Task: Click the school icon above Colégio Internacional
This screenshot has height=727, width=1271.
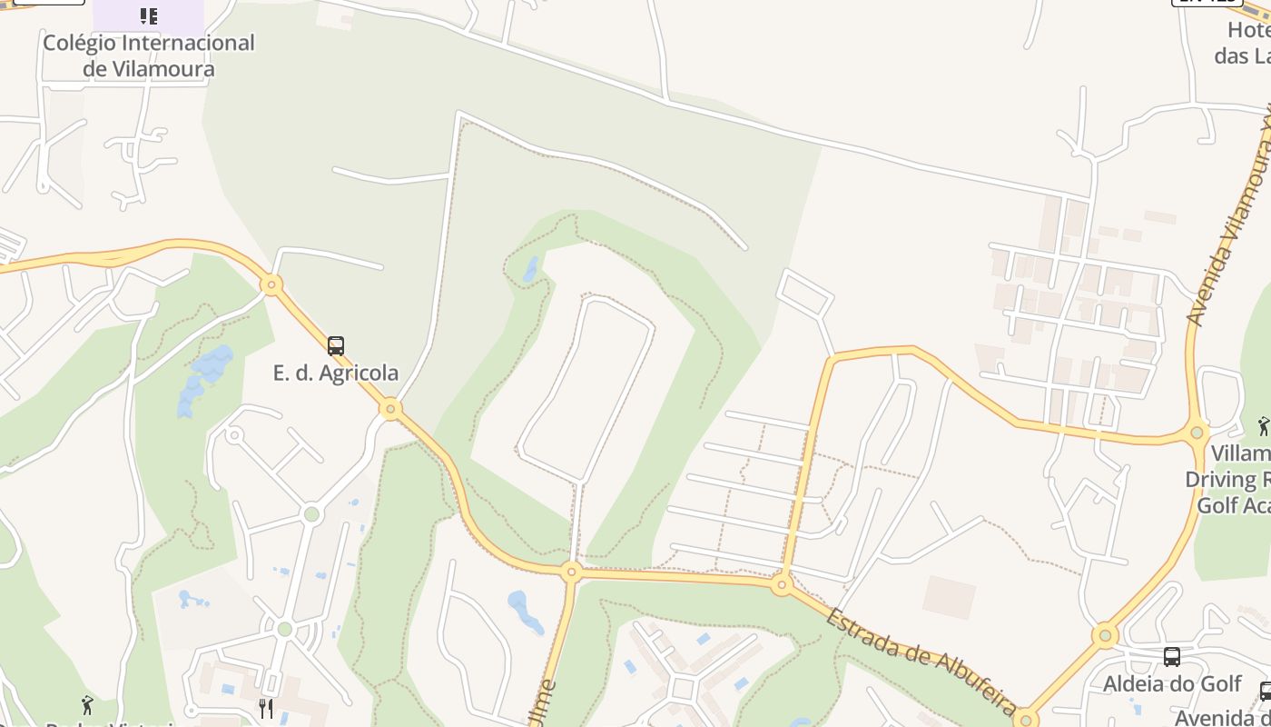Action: (149, 16)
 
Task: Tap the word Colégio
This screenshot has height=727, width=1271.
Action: (80, 43)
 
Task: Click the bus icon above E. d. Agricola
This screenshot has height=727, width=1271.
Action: (336, 346)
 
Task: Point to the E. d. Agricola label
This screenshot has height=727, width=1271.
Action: (336, 373)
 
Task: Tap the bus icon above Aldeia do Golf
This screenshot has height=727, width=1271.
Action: (1172, 656)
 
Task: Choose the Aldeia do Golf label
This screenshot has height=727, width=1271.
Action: (1171, 683)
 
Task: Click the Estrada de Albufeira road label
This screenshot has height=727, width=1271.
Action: (921, 660)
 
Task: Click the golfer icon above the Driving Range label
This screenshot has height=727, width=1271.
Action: (1263, 425)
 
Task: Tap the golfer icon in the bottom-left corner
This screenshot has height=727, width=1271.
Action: (87, 704)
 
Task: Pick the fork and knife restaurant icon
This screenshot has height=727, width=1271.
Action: (266, 708)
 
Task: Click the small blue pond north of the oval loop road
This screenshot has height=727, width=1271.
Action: (530, 269)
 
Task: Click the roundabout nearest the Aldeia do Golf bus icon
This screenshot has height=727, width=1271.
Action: (1105, 635)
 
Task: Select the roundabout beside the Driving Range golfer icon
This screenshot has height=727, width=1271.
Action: (1197, 432)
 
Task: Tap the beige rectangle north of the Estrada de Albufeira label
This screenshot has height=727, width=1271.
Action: (949, 597)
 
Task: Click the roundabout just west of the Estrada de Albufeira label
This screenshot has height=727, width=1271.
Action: (782, 584)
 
